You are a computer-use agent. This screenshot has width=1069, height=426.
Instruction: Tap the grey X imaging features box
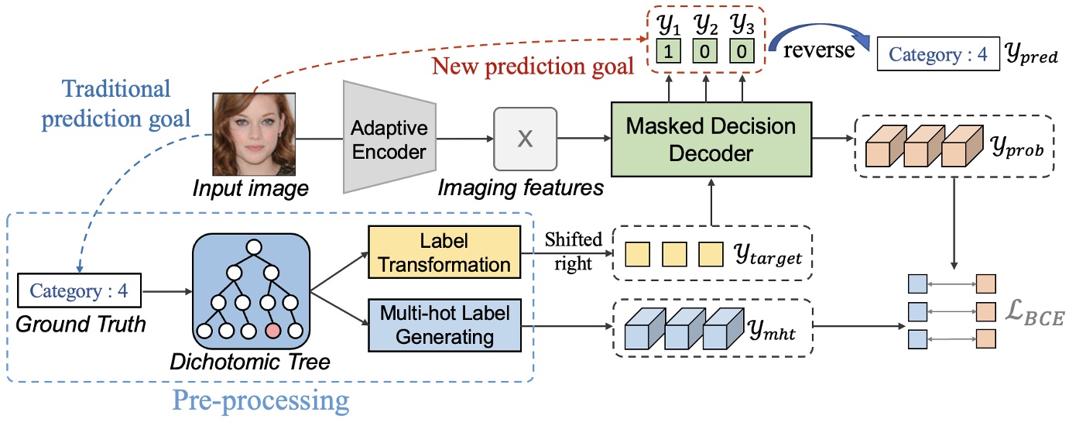click(525, 139)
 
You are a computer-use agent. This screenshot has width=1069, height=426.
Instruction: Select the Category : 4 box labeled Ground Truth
click(79, 292)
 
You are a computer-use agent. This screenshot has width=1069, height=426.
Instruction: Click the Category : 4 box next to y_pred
click(938, 55)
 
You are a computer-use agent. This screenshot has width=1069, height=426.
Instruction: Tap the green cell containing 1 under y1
click(666, 53)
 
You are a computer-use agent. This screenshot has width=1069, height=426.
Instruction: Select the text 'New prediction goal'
click(533, 65)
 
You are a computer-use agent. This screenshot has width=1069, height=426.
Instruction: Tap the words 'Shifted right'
click(573, 251)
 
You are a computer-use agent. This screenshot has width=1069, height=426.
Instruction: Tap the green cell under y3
click(742, 53)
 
